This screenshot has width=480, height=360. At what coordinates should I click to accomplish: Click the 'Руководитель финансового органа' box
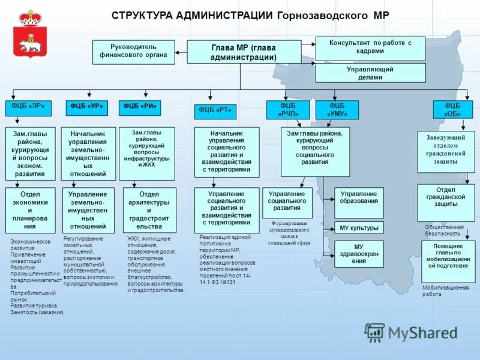point(133,52)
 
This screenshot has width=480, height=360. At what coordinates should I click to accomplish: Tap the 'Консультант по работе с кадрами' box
point(370,48)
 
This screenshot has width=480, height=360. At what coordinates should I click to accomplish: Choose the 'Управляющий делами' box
point(370,73)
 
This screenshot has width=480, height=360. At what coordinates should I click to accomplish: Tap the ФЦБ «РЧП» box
point(289,110)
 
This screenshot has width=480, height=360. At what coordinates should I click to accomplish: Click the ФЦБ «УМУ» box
point(337,110)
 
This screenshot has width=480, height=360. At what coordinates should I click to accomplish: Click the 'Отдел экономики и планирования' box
point(30,210)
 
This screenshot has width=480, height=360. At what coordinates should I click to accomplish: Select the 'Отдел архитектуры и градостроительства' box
point(149,210)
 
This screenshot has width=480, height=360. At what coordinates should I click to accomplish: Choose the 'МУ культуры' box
point(359,228)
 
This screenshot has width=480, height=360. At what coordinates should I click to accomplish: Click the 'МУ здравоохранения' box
point(359,254)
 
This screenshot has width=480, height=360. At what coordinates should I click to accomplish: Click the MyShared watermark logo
point(411,333)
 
